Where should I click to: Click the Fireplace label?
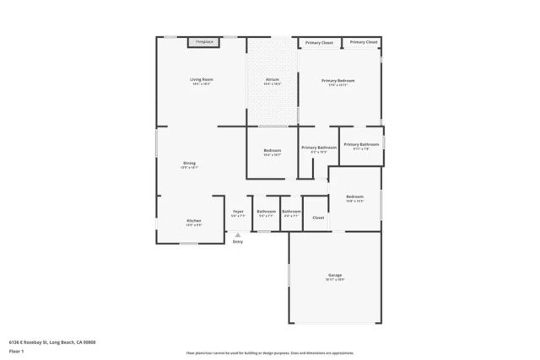click(204, 41)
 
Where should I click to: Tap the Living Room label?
click(202, 79)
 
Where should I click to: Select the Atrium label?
click(272, 79)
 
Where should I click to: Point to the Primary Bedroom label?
click(338, 81)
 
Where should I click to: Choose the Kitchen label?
click(193, 221)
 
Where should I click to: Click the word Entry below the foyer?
click(238, 242)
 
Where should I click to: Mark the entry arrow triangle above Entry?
click(238, 234)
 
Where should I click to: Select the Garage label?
click(335, 275)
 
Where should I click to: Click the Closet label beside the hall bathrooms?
click(318, 218)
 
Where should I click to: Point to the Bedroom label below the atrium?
click(272, 151)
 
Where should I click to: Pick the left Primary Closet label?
click(319, 42)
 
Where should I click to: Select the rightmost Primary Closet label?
click(364, 41)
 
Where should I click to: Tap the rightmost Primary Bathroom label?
click(361, 144)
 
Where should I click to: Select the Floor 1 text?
click(16, 351)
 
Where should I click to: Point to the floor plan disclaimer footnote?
click(270, 352)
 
